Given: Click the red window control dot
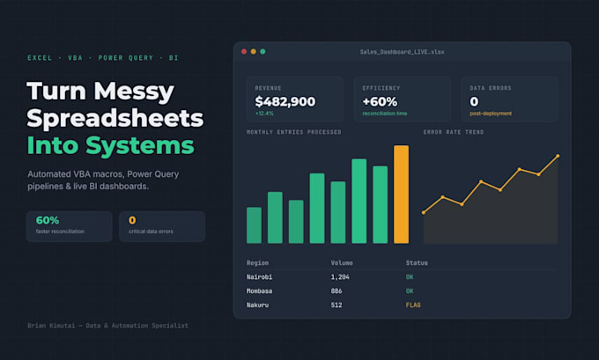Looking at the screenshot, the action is click(244, 52).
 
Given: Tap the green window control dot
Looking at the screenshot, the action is click(263, 52).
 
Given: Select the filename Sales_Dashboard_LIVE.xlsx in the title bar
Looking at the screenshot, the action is click(402, 52).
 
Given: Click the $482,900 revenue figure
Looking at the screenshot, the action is click(285, 101).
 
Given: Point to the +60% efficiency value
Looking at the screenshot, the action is click(380, 101).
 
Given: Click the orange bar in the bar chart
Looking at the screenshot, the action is click(401, 194).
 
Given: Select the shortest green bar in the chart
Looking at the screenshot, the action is click(254, 225).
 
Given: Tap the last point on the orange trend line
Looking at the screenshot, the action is click(558, 156).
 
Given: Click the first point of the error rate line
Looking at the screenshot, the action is click(424, 212).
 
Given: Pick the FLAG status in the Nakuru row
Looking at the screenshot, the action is click(413, 305).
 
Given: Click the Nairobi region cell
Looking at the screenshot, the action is click(259, 276).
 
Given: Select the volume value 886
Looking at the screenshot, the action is click(336, 290).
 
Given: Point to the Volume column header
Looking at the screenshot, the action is click(342, 263).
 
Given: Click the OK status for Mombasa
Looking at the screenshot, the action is click(410, 290).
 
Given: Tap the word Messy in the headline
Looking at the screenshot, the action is click(134, 92).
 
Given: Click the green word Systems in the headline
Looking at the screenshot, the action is click(140, 145).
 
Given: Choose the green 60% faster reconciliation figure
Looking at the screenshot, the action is click(48, 220).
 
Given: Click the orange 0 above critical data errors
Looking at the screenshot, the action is click(132, 220).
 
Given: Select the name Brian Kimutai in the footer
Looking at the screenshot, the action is click(51, 326).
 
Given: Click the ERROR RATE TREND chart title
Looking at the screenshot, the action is click(454, 132).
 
